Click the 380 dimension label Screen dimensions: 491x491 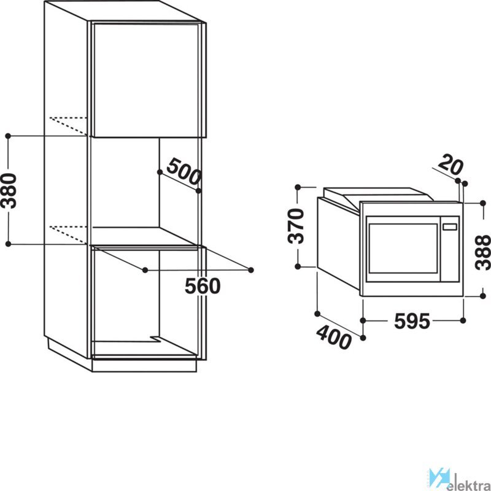9,191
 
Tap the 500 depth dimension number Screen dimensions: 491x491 184,172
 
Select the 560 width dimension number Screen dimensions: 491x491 203,286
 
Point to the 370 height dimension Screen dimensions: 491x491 296,226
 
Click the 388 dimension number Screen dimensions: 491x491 482,252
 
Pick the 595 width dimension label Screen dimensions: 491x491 412,321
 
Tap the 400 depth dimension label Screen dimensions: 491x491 333,337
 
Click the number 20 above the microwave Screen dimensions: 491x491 450,165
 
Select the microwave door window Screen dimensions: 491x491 403,248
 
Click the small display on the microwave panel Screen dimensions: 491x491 449,227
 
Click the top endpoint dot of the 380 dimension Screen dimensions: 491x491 9,136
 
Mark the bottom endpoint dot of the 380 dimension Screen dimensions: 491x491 9,244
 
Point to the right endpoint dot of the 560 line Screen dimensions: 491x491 250,270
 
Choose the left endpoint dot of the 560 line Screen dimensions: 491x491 145,270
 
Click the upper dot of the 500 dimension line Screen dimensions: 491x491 160,172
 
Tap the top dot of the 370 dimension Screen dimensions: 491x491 298,187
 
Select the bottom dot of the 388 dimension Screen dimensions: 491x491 483,296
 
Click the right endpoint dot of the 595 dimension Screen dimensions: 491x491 463,320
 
